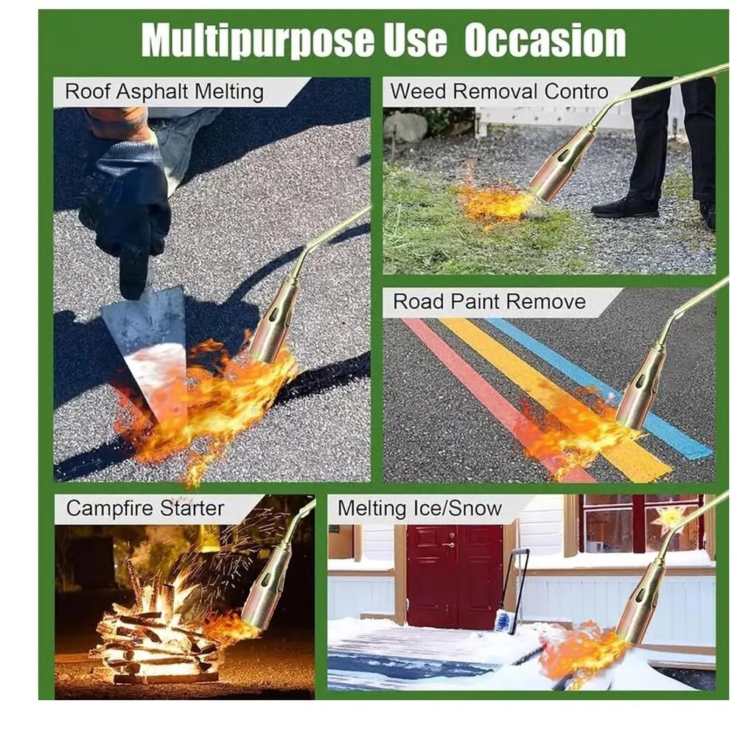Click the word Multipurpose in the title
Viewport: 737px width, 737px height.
(258, 41)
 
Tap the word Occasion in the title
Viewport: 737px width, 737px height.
(545, 40)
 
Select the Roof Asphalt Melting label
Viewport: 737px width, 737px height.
(164, 91)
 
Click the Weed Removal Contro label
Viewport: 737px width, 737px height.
(500, 91)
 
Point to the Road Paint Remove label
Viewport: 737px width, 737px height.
(489, 301)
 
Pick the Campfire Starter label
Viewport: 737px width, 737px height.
(145, 508)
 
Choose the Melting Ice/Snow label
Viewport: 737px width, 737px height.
(420, 509)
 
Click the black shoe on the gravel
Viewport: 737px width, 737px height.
(625, 207)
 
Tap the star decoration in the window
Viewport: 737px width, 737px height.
(668, 517)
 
